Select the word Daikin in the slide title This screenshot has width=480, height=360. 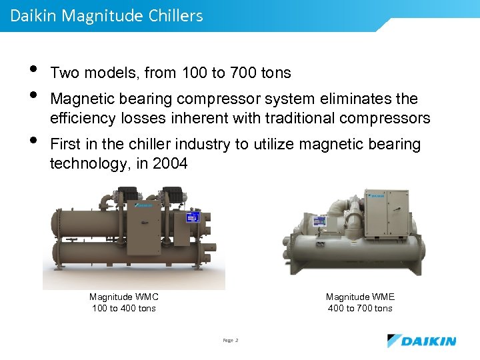click(33, 15)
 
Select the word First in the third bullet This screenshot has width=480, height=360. click(65, 145)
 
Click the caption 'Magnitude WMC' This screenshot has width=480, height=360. click(123, 297)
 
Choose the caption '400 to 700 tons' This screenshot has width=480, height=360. click(360, 308)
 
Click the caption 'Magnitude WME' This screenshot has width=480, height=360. click(360, 297)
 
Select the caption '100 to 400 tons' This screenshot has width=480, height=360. click(123, 308)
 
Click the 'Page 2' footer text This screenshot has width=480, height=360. click(231, 341)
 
